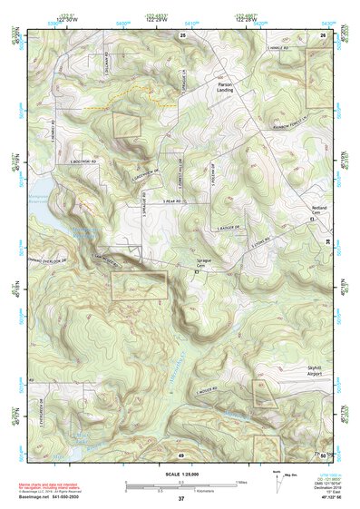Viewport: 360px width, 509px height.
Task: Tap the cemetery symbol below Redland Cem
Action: point(313,220)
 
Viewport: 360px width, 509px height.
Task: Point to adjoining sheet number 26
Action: point(322,34)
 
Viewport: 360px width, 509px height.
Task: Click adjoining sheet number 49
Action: point(180,455)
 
